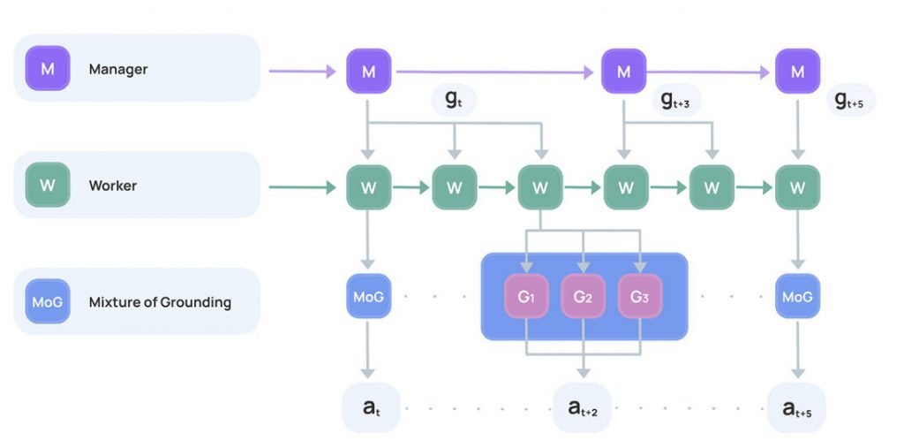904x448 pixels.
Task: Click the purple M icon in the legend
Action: pyautogui.click(x=48, y=68)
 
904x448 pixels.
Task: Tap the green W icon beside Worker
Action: pyautogui.click(x=48, y=186)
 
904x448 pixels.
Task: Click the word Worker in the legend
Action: pyautogui.click(x=113, y=186)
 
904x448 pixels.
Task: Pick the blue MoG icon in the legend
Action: pyautogui.click(x=48, y=302)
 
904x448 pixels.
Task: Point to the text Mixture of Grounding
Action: pyautogui.click(x=160, y=302)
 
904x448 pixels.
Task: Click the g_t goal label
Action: pyautogui.click(x=453, y=100)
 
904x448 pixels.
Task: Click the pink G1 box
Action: pyautogui.click(x=526, y=296)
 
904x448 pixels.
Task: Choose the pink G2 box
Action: pyautogui.click(x=583, y=296)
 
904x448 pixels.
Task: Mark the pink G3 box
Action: pyautogui.click(x=639, y=296)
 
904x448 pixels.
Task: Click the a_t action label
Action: pyautogui.click(x=369, y=407)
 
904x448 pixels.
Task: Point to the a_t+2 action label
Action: pyautogui.click(x=582, y=407)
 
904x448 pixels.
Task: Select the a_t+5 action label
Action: pyautogui.click(x=796, y=407)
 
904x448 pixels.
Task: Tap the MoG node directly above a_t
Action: pyautogui.click(x=368, y=296)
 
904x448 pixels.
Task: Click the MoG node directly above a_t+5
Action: pyautogui.click(x=797, y=296)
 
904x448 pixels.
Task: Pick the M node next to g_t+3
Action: pyautogui.click(x=624, y=72)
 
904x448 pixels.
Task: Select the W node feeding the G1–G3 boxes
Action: pyautogui.click(x=540, y=187)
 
